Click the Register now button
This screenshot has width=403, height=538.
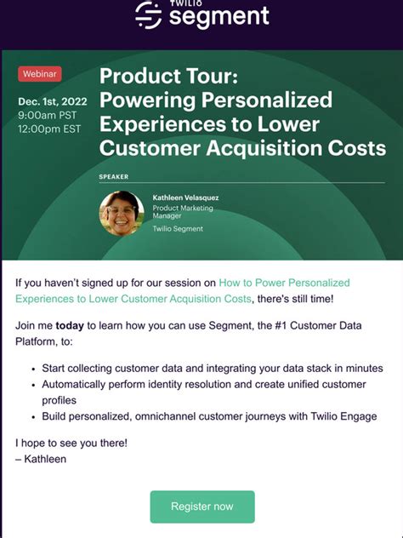pos(201,507)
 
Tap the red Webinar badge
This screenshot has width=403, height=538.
pos(39,74)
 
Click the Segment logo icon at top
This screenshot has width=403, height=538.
pos(148,14)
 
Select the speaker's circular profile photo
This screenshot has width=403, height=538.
pos(122,213)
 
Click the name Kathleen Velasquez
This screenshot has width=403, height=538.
pos(185,197)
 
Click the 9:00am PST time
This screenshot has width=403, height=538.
pos(47,116)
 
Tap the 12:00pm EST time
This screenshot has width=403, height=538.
pos(49,129)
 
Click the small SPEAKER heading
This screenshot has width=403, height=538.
pos(114,177)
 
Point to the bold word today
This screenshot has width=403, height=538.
pos(71,325)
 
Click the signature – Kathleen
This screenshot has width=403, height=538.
pos(41,459)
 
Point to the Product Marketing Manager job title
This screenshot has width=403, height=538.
pos(183,212)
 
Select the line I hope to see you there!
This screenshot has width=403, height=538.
pos(71,444)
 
